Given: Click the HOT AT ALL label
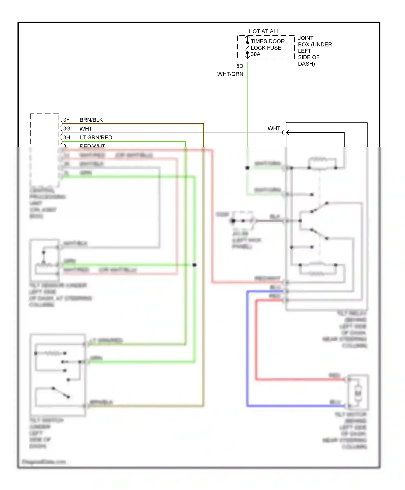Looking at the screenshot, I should (x=264, y=31).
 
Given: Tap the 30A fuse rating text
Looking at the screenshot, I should (x=255, y=54).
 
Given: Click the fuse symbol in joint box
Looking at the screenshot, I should (x=247, y=48).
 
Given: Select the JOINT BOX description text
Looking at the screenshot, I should (x=315, y=51).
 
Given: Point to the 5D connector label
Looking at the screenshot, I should (x=240, y=66).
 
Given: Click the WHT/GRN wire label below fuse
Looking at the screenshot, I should (x=230, y=74).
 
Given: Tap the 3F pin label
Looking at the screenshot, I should (x=66, y=120).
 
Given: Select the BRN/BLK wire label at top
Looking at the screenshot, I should (x=91, y=120).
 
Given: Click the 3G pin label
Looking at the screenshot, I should (x=67, y=129).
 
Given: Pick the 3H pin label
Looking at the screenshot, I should (x=67, y=137).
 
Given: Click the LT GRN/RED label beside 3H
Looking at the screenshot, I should (x=96, y=137).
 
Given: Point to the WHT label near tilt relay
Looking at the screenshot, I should (x=274, y=129).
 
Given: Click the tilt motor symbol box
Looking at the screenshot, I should (x=358, y=392).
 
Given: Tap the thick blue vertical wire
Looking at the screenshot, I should (x=247, y=348).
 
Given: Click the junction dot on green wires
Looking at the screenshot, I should (x=194, y=265).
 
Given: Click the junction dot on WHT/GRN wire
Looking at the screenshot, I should (x=247, y=168).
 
